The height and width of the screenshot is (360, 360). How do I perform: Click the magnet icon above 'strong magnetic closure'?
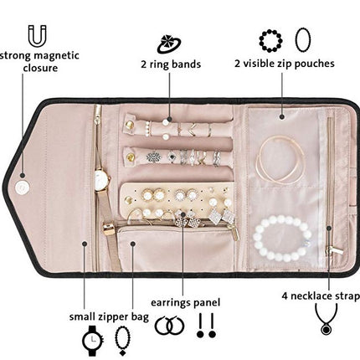click(37, 36)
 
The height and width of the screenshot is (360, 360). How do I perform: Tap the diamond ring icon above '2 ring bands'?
click(169, 44)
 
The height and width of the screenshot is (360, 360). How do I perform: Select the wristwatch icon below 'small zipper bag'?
click(93, 341)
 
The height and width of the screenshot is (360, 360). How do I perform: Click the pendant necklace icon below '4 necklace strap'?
click(326, 319)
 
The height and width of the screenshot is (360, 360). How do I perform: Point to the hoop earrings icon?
click(170, 326)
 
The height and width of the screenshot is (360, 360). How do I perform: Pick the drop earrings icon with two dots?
click(206, 326)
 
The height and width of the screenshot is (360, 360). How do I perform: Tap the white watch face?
click(99, 177)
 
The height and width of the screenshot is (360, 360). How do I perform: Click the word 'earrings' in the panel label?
click(169, 303)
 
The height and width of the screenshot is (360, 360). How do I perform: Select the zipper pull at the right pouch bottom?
click(334, 249)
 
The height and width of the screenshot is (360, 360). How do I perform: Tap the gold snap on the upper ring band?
click(129, 125)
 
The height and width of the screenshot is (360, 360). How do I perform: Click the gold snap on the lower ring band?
click(130, 157)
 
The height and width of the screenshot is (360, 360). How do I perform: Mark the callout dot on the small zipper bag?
click(133, 244)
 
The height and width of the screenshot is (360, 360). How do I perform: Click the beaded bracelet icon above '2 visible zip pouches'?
click(270, 41)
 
